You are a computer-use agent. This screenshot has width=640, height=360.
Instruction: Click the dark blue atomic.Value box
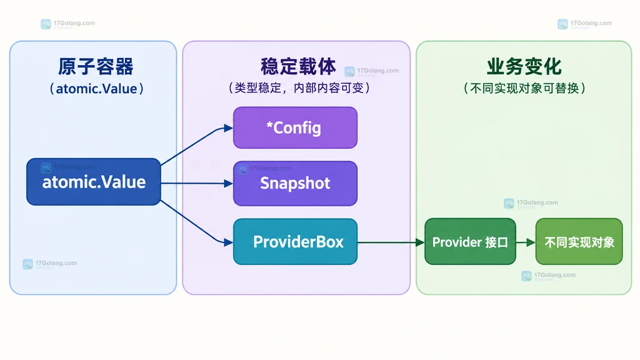[94, 182]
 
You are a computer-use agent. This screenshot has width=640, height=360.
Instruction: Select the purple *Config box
[295, 127]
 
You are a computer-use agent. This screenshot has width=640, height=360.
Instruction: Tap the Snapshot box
[295, 183]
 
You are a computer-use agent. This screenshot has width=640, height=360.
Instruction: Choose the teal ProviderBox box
[295, 242]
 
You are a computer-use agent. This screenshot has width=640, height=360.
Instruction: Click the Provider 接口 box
[470, 242]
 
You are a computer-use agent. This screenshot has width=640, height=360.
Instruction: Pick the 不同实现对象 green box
[579, 242]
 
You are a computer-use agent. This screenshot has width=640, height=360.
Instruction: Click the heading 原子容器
[96, 66]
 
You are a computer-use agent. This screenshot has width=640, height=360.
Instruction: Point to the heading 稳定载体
[298, 66]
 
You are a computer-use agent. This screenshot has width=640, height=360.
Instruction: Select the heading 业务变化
[524, 66]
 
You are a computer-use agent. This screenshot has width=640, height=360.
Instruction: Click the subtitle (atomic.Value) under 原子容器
[96, 89]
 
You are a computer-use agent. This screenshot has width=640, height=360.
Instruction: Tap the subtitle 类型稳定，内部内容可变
[299, 87]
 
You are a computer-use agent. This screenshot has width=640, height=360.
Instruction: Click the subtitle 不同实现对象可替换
[524, 88]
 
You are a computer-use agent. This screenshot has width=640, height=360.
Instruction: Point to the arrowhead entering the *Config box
[229, 128]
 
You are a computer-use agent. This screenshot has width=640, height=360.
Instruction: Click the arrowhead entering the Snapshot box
[229, 184]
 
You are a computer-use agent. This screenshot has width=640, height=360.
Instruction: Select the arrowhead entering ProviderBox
[229, 242]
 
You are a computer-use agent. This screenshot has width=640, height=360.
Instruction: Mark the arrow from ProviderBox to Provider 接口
[391, 242]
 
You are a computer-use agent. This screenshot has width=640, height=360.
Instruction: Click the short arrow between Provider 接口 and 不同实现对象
[526, 242]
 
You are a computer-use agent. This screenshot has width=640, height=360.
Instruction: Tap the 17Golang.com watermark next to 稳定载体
[372, 71]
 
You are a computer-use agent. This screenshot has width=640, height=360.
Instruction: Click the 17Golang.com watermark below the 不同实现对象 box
[549, 276]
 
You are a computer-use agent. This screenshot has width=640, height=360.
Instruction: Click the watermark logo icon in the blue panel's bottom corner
[27, 264]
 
